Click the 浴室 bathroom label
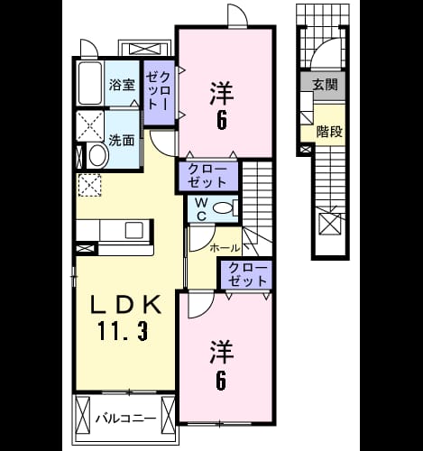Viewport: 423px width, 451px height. click(x=122, y=86)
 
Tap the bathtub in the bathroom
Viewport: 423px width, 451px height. click(x=89, y=83)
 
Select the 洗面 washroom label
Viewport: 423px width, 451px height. click(x=122, y=141)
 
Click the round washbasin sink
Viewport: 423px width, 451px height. click(x=98, y=156)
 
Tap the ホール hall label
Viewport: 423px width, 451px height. click(x=225, y=248)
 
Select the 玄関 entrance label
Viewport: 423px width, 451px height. click(x=326, y=85)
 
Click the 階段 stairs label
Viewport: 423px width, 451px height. click(x=329, y=132)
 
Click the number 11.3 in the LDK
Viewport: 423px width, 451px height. click(x=123, y=331)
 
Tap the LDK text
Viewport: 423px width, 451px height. click(x=125, y=305)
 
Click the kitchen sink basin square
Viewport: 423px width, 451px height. click(x=134, y=231)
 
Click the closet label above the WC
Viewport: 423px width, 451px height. click(x=207, y=177)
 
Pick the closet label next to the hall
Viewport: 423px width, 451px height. click(x=247, y=275)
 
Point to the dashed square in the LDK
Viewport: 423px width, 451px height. click(x=89, y=185)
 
